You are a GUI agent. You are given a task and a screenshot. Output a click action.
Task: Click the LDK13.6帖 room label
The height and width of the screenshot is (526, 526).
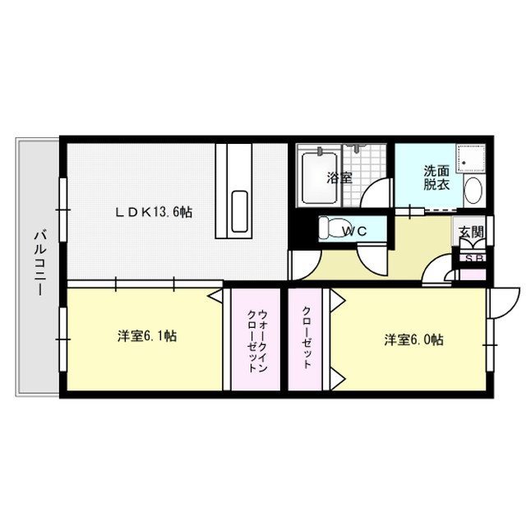click(x=154, y=212)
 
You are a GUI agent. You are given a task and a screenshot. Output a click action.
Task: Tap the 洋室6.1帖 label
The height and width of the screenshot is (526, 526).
click(x=148, y=335)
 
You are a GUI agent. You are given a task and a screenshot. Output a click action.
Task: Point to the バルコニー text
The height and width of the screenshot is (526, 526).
click(x=38, y=267)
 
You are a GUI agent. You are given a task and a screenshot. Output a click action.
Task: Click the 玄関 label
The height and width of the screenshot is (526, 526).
click(x=471, y=233)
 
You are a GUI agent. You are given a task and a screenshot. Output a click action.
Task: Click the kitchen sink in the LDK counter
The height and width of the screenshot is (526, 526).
click(x=239, y=211)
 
